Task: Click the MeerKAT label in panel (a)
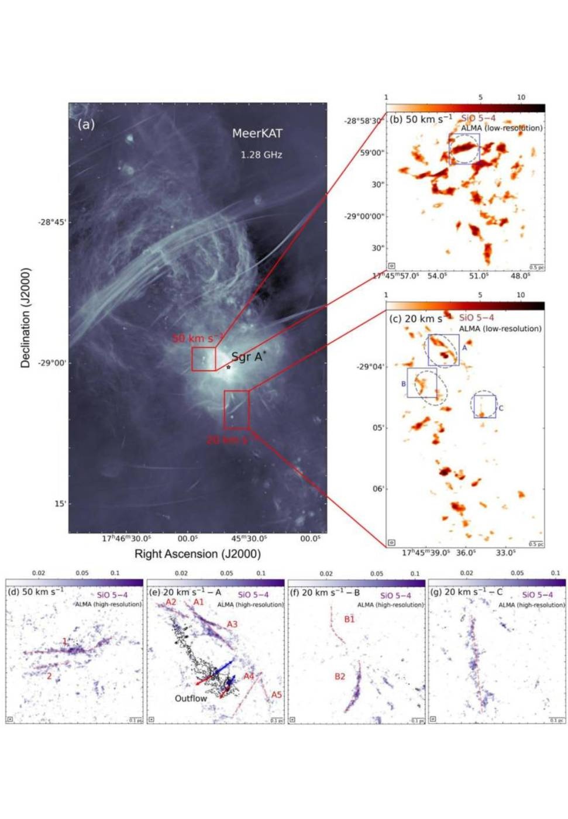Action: [257, 133]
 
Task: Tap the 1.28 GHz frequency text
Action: [261, 155]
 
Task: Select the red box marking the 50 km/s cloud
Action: [204, 359]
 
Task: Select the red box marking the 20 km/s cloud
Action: [236, 409]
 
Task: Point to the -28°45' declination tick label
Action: [52, 222]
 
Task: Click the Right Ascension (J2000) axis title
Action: [198, 553]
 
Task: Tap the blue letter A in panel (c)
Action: [464, 347]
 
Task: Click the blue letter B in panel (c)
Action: [403, 384]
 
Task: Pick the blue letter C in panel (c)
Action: [501, 408]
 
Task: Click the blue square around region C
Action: [484, 407]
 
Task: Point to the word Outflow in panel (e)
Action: [191, 698]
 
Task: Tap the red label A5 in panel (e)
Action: [276, 695]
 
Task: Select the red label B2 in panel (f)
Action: [340, 677]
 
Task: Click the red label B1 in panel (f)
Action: [349, 619]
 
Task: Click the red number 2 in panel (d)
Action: [50, 676]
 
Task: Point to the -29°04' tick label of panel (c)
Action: [371, 367]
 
